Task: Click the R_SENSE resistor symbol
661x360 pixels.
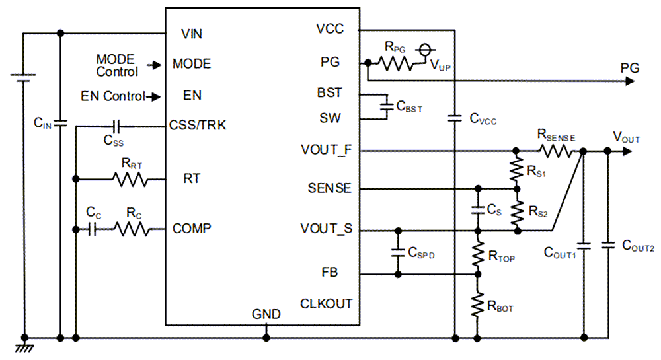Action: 557,151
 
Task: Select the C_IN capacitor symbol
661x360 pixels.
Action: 60,122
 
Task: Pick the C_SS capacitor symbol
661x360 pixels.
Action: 116,126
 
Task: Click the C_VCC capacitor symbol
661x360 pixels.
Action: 454,119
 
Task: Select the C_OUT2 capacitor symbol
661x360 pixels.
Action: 607,245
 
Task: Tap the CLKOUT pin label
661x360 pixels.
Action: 326,304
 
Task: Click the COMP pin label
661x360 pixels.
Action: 192,229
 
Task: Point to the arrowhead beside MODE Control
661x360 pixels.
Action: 154,65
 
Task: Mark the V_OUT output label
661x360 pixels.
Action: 626,138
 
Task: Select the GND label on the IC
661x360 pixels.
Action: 266,314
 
